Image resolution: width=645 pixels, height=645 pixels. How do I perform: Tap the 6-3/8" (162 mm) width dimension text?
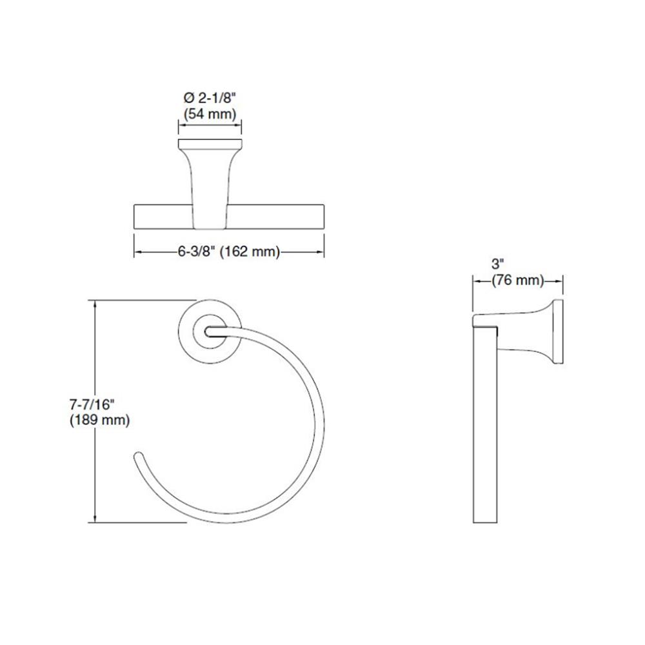pos(229,252)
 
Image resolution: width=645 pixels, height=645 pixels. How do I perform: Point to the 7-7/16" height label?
pos(91,404)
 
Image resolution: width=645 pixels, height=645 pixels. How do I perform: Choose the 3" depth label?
pos(497,264)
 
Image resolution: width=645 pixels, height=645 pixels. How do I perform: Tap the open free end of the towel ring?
pos(136,458)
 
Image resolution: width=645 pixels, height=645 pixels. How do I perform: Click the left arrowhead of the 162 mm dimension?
pos(136,252)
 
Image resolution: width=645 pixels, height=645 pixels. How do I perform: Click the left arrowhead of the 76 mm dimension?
pos(476,281)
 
